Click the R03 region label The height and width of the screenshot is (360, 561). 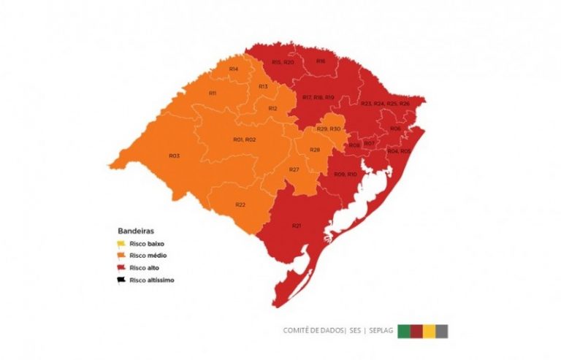click(174, 156)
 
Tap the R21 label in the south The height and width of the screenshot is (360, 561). click(297, 226)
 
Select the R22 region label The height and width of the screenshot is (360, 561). click(240, 204)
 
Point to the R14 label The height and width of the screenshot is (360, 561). click(234, 69)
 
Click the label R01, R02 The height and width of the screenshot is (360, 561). click(244, 139)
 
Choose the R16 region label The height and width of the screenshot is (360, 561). click(321, 61)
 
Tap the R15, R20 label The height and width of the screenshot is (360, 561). click(283, 62)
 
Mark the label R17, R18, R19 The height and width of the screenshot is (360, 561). click(318, 97)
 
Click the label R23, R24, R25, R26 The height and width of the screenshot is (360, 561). click(385, 104)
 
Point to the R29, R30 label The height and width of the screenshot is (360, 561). click(329, 129)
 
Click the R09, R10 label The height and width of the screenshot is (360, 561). click(345, 174)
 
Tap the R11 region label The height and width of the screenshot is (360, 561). click(213, 93)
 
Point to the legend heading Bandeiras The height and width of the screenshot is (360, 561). click(135, 229)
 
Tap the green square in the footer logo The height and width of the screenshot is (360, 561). click(403, 331)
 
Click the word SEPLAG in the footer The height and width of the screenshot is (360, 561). click(381, 331)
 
